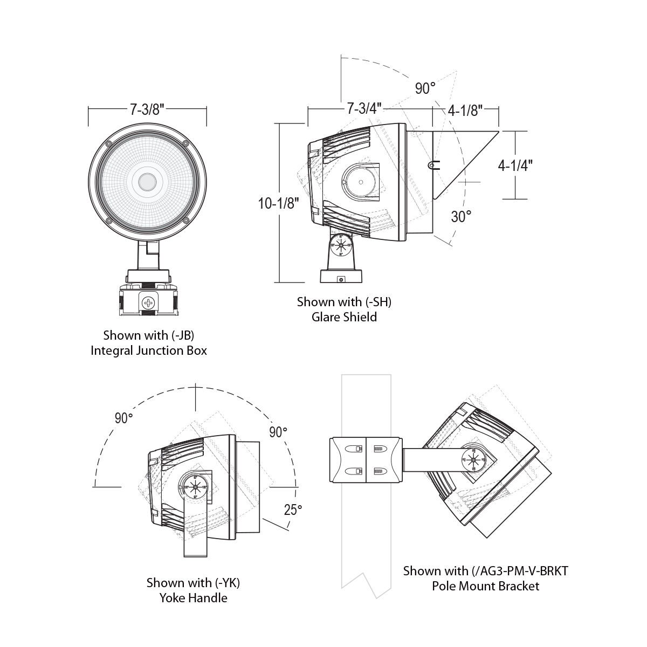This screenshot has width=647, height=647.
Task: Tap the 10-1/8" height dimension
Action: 278,204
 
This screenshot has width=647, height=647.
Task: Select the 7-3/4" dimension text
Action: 364,108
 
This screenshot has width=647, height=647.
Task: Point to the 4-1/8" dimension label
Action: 465,111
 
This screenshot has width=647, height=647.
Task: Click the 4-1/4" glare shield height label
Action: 515,164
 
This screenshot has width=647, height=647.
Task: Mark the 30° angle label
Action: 461,216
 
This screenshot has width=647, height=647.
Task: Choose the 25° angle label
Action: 293,510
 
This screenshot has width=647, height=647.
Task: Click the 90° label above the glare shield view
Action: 425,88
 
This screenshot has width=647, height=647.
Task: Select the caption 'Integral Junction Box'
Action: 149,350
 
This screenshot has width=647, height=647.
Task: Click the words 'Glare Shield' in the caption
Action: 344,316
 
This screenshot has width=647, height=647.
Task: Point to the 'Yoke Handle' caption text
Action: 194,597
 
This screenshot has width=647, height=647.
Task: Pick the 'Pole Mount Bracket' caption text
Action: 485,586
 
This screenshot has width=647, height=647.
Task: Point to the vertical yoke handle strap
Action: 195,531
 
